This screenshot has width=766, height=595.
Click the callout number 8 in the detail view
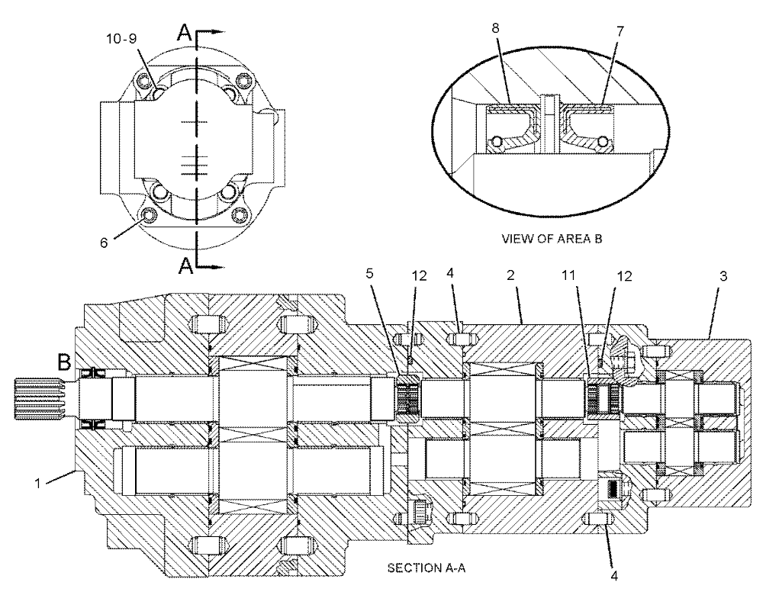coord(496,28)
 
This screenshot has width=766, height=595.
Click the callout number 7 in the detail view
coord(620,31)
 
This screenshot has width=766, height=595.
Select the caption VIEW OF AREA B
coord(552,239)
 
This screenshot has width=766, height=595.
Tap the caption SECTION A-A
coord(426,568)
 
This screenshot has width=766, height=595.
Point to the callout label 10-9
coord(121,39)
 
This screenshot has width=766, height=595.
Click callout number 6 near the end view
coord(104,243)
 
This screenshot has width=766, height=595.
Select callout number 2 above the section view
coord(510,275)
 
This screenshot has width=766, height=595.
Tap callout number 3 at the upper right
coord(723,276)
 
